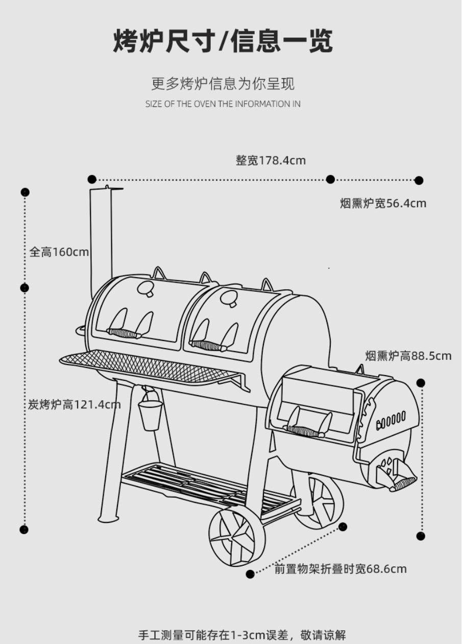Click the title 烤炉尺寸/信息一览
[223, 41]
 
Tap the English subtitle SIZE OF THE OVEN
[223, 104]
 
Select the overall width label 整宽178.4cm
[271, 160]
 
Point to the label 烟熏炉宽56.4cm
[383, 203]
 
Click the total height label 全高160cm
[59, 252]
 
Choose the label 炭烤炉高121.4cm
[75, 405]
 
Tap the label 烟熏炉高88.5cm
[408, 356]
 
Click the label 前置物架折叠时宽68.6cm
[341, 569]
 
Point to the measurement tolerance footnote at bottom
[242, 635]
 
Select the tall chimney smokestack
[101, 240]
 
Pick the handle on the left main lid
[124, 333]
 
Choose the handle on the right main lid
[208, 346]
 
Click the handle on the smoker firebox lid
[304, 431]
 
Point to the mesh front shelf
[148, 365]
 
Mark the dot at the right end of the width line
[419, 180]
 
